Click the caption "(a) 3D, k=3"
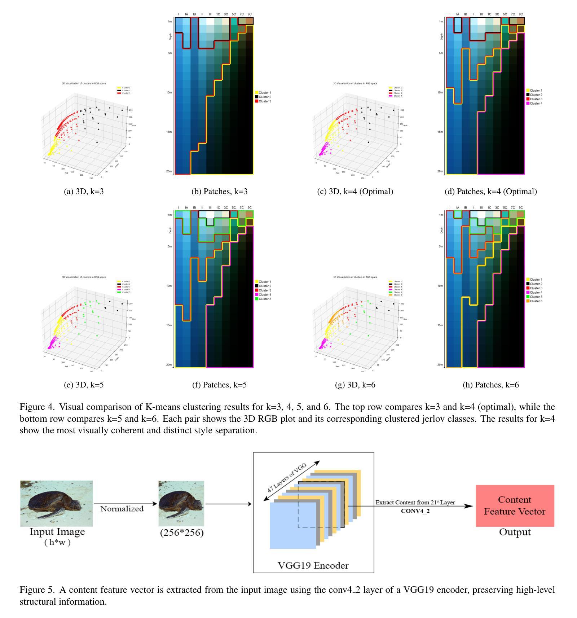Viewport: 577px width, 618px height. pyautogui.click(x=84, y=192)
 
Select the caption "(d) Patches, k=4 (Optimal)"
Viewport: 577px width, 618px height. pyautogui.click(x=490, y=192)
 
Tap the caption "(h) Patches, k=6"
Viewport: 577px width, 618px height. pyautogui.click(x=490, y=385)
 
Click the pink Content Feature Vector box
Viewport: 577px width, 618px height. pyautogui.click(x=515, y=505)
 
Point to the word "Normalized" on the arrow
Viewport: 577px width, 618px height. pyautogui.click(x=122, y=509)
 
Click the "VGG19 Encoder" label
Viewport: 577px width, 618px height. pyautogui.click(x=313, y=565)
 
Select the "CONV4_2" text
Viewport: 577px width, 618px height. pyautogui.click(x=415, y=511)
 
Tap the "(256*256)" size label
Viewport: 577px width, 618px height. pyautogui.click(x=182, y=532)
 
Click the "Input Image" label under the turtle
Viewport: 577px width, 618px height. pyautogui.click(x=57, y=532)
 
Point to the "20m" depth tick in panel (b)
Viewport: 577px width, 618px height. pyautogui.click(x=169, y=171)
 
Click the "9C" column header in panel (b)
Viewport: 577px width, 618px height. pyautogui.click(x=250, y=14)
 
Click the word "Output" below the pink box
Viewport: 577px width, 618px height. pyautogui.click(x=515, y=532)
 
